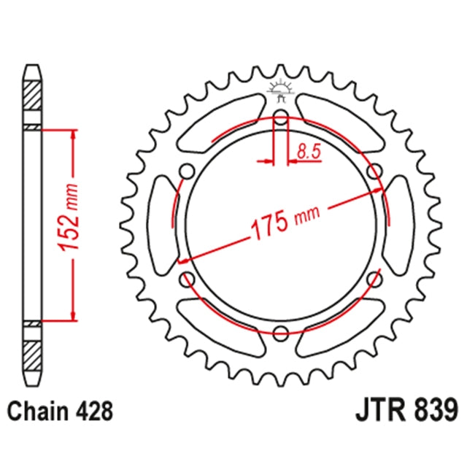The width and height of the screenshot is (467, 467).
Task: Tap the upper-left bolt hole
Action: pos(188,172)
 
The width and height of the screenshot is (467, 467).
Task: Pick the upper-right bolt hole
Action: pos(375,172)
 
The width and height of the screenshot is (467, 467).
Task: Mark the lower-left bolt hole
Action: pos(188,279)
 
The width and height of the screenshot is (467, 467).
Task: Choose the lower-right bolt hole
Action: pos(375,279)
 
